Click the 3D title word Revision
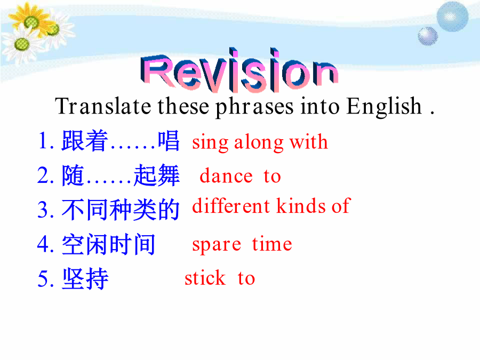(239, 70)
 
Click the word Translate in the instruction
(103, 106)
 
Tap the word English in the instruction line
(385, 107)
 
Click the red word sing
(210, 143)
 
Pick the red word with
(309, 141)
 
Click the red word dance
(226, 175)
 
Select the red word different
(231, 205)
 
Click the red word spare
(217, 245)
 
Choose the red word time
(272, 244)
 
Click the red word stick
(205, 277)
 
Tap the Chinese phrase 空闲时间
(109, 244)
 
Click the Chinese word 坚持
(85, 278)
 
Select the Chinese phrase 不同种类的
(121, 210)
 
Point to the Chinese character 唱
(169, 140)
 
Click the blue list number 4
(43, 244)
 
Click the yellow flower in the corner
(30, 19)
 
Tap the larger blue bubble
(452, 17)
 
